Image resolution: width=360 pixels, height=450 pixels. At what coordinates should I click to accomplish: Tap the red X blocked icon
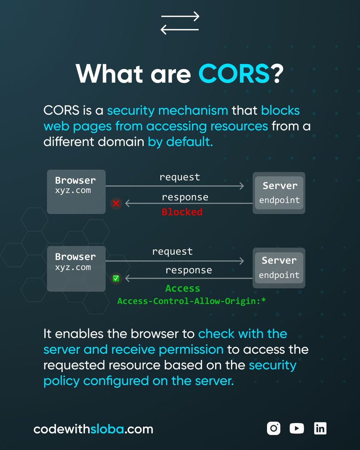(116, 204)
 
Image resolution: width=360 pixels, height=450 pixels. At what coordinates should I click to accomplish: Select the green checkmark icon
(116, 278)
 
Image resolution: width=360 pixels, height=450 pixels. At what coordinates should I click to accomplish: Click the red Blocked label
(182, 212)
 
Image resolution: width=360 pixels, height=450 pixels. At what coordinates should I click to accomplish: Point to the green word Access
(183, 288)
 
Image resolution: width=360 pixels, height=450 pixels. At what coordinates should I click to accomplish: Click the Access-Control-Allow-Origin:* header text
(191, 301)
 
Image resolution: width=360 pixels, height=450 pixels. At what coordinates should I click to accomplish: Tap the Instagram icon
(274, 428)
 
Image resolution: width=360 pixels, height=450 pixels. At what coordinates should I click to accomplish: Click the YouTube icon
(297, 428)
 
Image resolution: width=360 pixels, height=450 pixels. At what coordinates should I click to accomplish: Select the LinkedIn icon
(320, 428)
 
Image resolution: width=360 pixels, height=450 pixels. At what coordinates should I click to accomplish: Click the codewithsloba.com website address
(93, 429)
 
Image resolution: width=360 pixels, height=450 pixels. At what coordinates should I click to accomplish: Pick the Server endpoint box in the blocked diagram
(279, 193)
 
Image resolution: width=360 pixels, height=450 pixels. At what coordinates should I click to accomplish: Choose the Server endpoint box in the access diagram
(279, 268)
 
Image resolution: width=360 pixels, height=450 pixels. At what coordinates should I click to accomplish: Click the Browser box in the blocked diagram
(76, 192)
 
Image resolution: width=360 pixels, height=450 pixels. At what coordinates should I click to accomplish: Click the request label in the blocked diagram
(180, 177)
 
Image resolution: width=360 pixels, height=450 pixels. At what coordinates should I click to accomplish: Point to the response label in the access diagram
(189, 270)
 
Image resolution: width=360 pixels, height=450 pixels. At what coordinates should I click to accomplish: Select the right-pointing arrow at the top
(180, 17)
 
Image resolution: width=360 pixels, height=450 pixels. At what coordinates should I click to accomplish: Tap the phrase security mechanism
(167, 111)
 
